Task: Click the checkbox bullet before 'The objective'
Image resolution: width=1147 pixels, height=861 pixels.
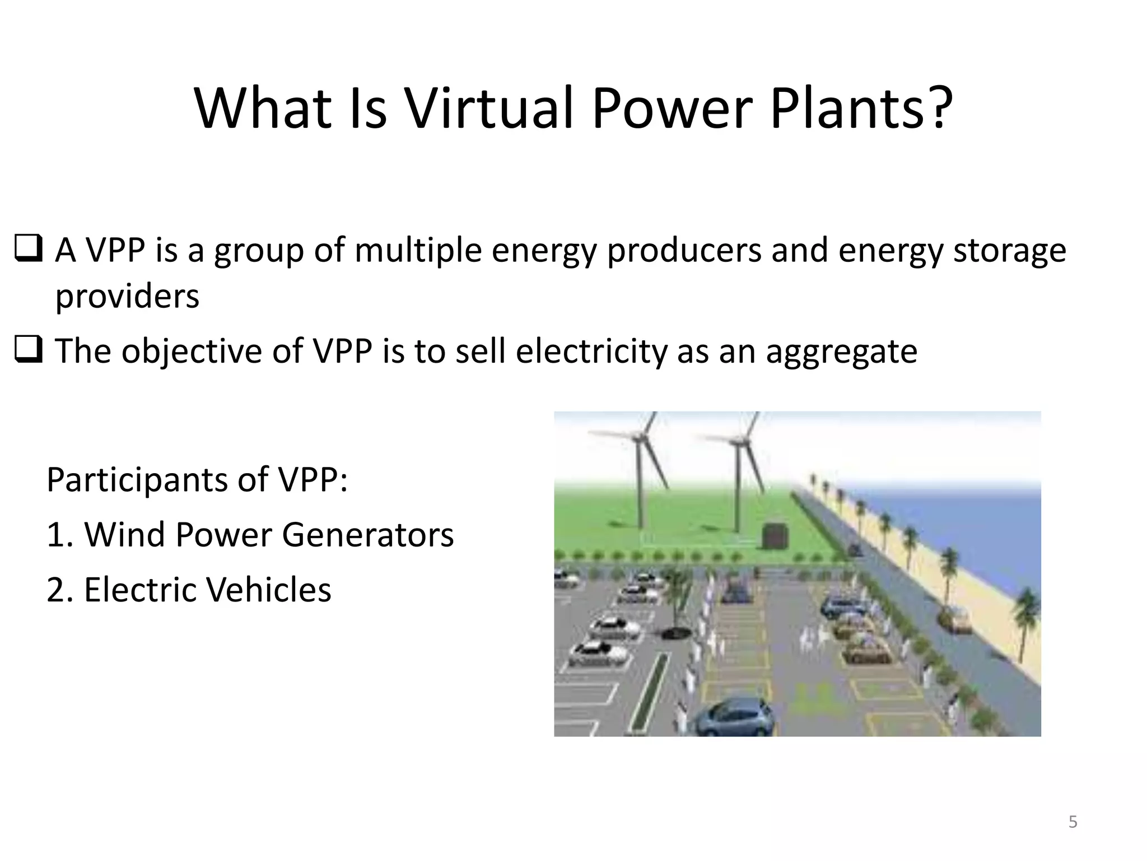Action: pyautogui.click(x=27, y=351)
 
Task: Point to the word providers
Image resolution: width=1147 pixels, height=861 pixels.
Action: pyautogui.click(x=127, y=296)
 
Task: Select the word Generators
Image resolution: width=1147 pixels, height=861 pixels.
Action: pyautogui.click(x=367, y=535)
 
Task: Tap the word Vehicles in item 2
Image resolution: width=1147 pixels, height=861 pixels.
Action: pyautogui.click(x=263, y=590)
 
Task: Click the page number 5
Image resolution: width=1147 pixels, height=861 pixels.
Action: pyautogui.click(x=1073, y=822)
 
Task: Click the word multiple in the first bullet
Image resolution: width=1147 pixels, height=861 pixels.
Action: pyautogui.click(x=418, y=250)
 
